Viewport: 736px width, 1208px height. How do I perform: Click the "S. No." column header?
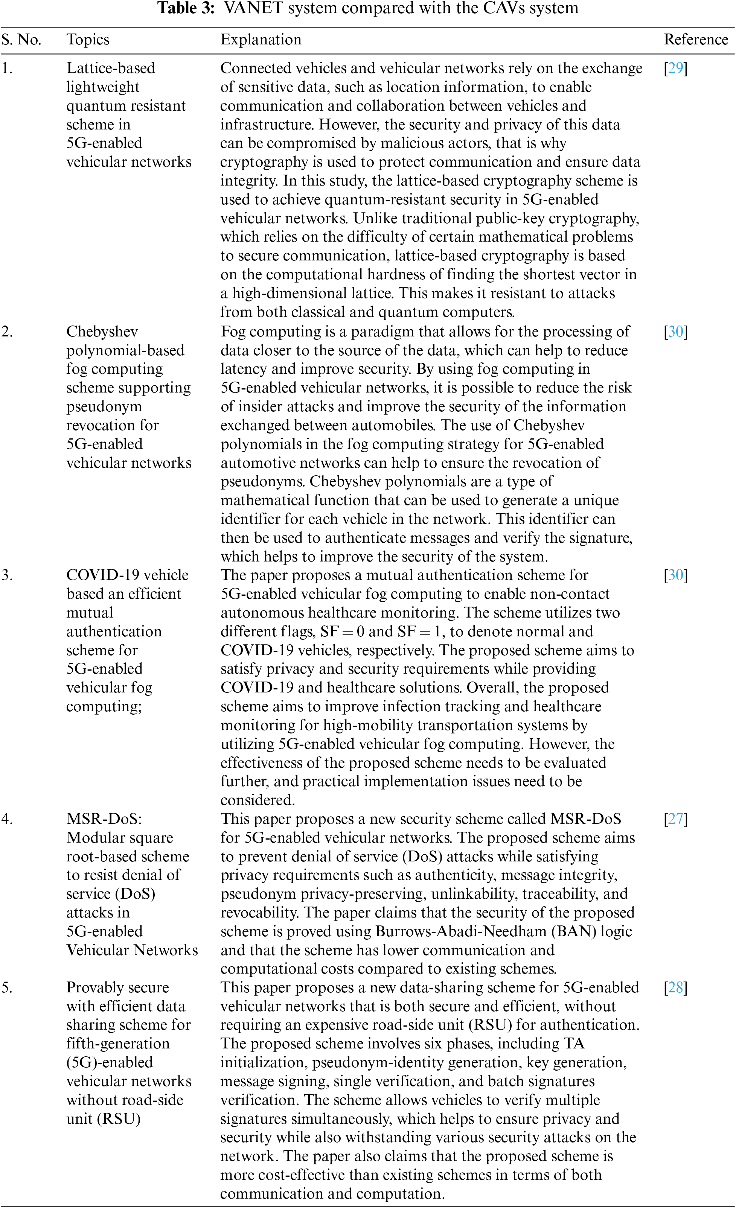coord(21,40)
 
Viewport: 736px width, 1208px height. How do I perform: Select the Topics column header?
coord(88,40)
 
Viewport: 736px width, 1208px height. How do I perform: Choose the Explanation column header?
coord(261,40)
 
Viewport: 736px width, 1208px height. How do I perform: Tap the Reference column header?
coord(695,40)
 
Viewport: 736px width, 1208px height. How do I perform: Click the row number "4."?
coord(7,819)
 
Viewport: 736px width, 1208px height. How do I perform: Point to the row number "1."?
coord(7,68)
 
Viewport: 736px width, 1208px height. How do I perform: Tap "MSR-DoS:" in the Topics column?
coord(104,819)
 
